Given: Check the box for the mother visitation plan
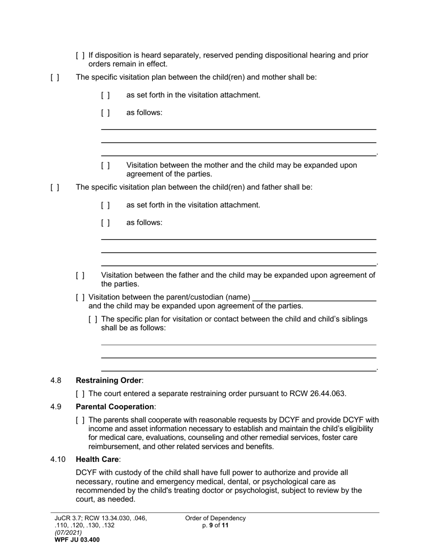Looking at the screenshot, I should [x=55, y=77].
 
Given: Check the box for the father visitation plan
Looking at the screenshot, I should [x=55, y=187].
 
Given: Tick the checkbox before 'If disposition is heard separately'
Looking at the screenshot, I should [x=80, y=56].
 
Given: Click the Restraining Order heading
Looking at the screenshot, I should [x=109, y=380].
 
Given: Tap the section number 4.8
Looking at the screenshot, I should [x=56, y=380].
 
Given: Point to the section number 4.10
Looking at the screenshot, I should [x=58, y=460].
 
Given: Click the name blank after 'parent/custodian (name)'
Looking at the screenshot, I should [x=314, y=297].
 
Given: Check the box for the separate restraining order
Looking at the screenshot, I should [x=80, y=394].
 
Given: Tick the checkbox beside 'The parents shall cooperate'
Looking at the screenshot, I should [x=80, y=420].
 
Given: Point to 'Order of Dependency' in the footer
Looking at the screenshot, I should [x=215, y=518].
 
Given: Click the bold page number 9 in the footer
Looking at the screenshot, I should [x=211, y=525].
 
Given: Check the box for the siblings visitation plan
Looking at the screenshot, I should [x=93, y=319].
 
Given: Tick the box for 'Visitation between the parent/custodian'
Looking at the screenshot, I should [x=80, y=298].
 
